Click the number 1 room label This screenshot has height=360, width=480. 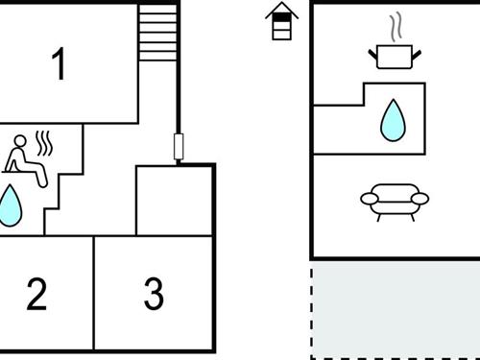pyautogui.click(x=60, y=65)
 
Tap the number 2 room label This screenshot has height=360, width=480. pyautogui.click(x=36, y=295)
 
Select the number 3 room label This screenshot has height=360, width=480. pyautogui.click(x=154, y=295)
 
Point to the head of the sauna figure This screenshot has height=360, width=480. pyautogui.click(x=19, y=140)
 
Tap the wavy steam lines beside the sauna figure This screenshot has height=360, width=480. pyautogui.click(x=44, y=144)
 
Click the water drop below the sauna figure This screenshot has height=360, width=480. pyautogui.click(x=11, y=205)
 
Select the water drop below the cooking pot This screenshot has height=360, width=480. pyautogui.click(x=393, y=120)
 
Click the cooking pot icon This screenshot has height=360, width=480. pyautogui.click(x=392, y=57)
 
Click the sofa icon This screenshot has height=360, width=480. pyautogui.click(x=394, y=201)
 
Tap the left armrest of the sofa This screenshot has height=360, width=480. pyautogui.click(x=369, y=200)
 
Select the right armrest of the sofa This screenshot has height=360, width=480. pyautogui.click(x=420, y=200)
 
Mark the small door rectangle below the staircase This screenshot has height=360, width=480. pyautogui.click(x=178, y=147)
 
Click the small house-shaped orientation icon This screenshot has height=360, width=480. pyautogui.click(x=280, y=21)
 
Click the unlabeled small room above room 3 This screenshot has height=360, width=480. pyautogui.click(x=174, y=200)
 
